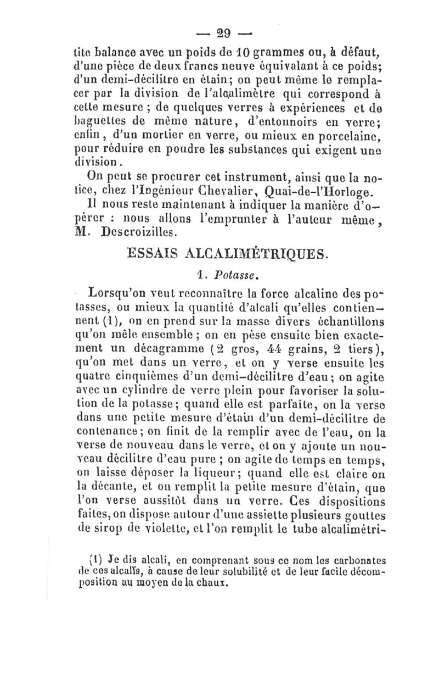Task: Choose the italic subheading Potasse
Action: [x=232, y=274]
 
